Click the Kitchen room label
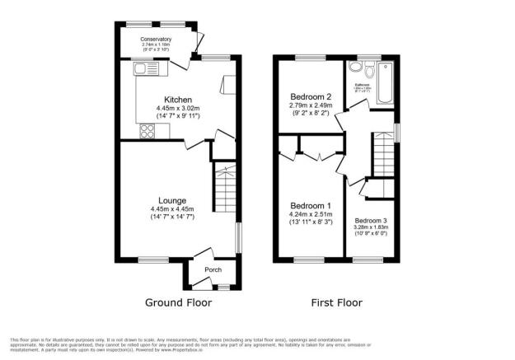(x=178, y=100)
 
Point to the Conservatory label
(x=156, y=39)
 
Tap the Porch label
(x=202, y=269)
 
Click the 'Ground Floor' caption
(x=179, y=302)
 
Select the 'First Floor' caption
(x=336, y=302)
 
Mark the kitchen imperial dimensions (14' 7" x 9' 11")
(x=178, y=116)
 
